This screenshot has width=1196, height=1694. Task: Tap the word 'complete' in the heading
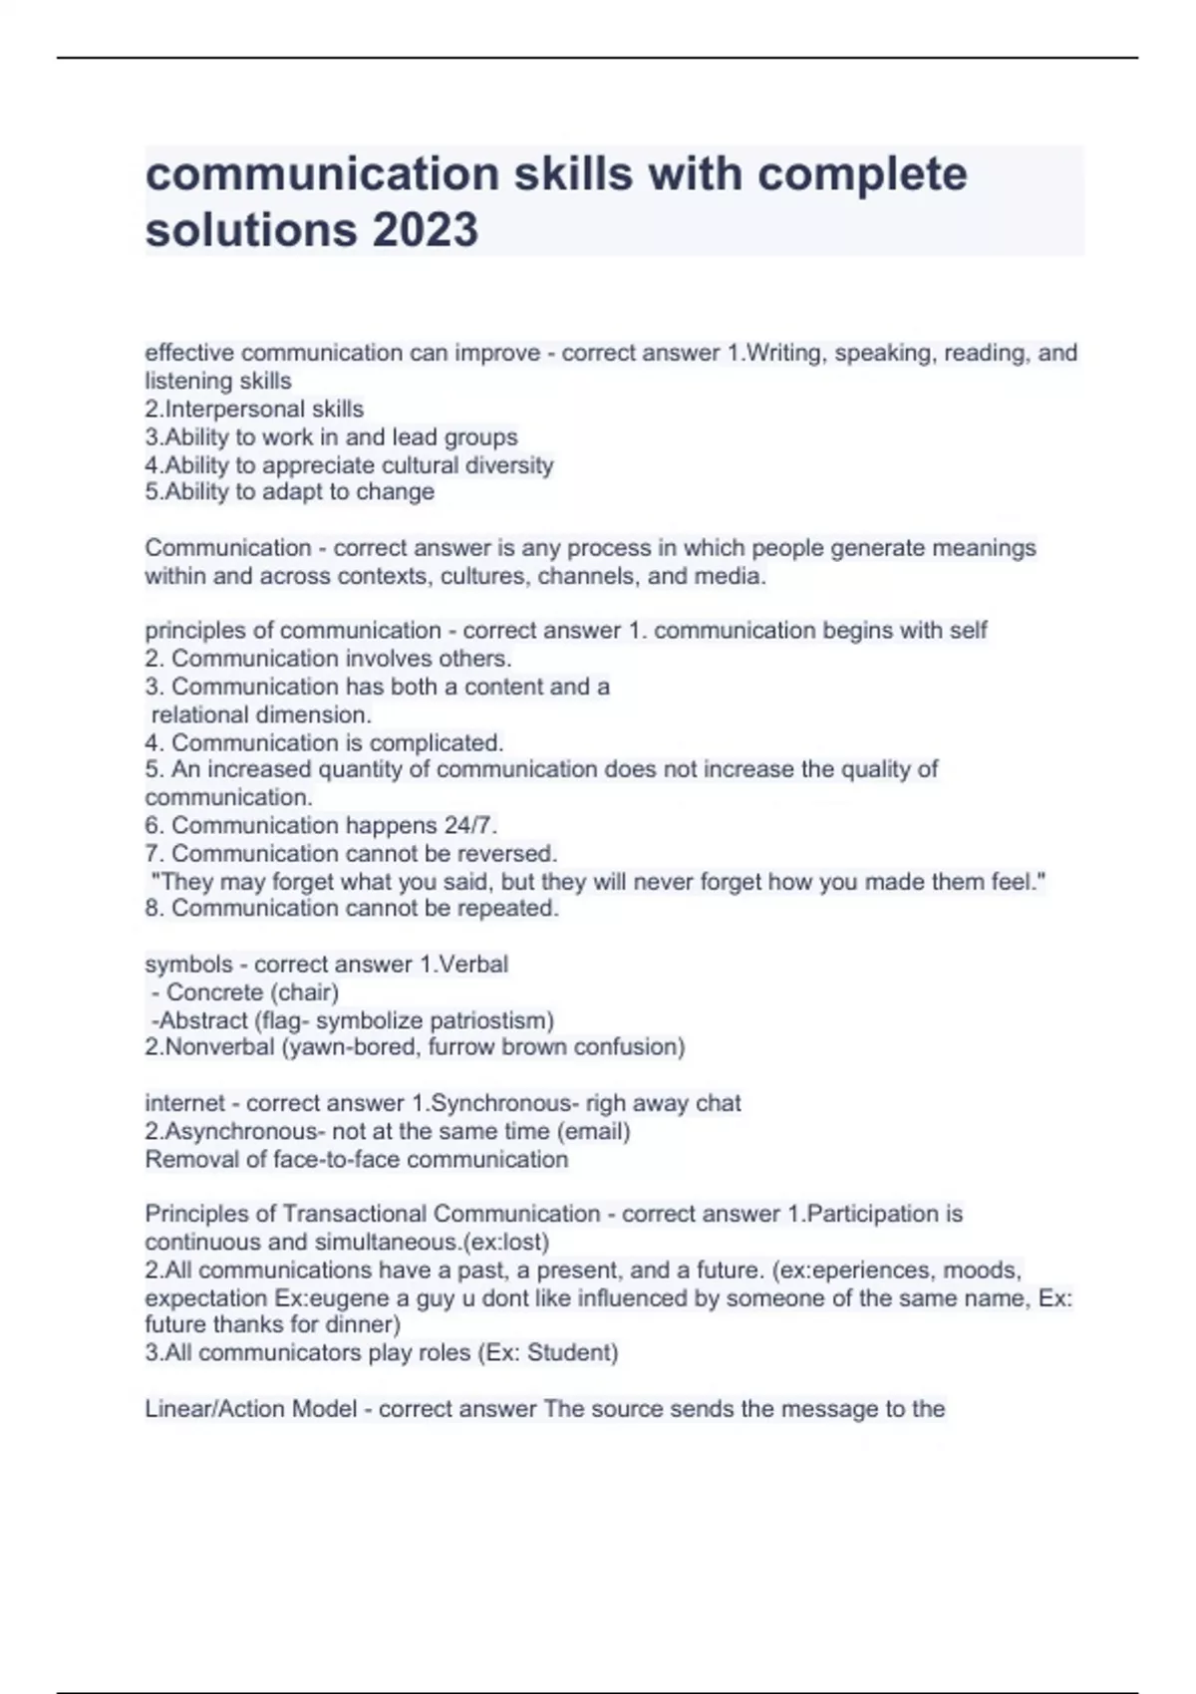862,174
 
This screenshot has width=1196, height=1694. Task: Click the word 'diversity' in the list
508,465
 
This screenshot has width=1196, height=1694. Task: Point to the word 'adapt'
296,492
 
